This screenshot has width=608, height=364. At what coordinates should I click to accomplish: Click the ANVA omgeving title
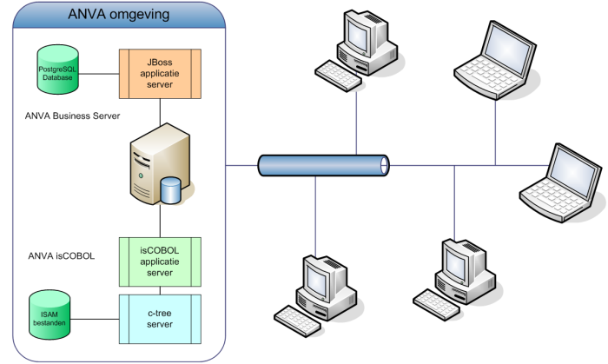click(x=119, y=17)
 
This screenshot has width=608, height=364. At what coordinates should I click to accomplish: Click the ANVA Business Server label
click(x=74, y=115)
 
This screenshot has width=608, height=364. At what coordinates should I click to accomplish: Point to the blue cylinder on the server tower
click(x=172, y=189)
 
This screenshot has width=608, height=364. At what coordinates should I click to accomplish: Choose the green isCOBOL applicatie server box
click(x=160, y=261)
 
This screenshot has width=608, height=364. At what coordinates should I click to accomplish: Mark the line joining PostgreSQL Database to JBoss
click(x=97, y=73)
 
